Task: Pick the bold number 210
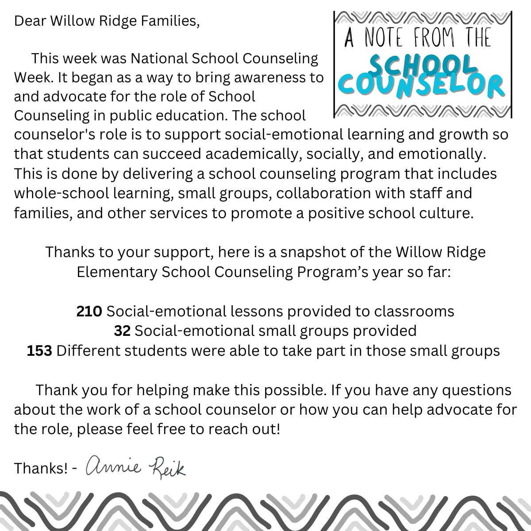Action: coord(89,311)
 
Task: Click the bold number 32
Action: coord(122,331)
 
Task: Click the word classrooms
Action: coord(414,311)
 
